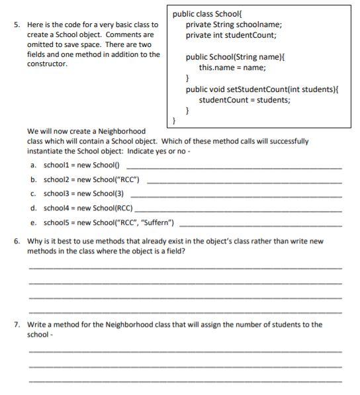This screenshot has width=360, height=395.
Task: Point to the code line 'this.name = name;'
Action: [232, 67]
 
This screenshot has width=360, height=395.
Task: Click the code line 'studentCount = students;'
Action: [244, 101]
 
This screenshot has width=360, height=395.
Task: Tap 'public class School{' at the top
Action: [208, 14]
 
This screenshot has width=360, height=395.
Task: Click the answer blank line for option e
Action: [261, 224]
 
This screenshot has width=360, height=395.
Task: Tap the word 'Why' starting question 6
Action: [34, 241]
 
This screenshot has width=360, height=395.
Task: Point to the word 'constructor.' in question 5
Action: [47, 64]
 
